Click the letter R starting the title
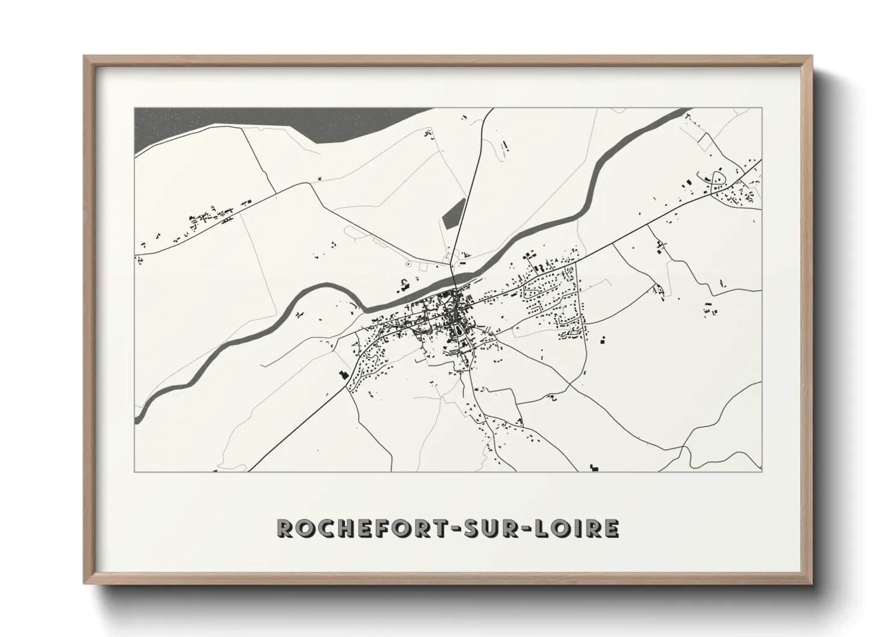point(285,529)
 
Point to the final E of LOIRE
point(611,529)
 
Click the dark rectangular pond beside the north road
point(455,213)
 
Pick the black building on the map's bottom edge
point(595,467)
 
